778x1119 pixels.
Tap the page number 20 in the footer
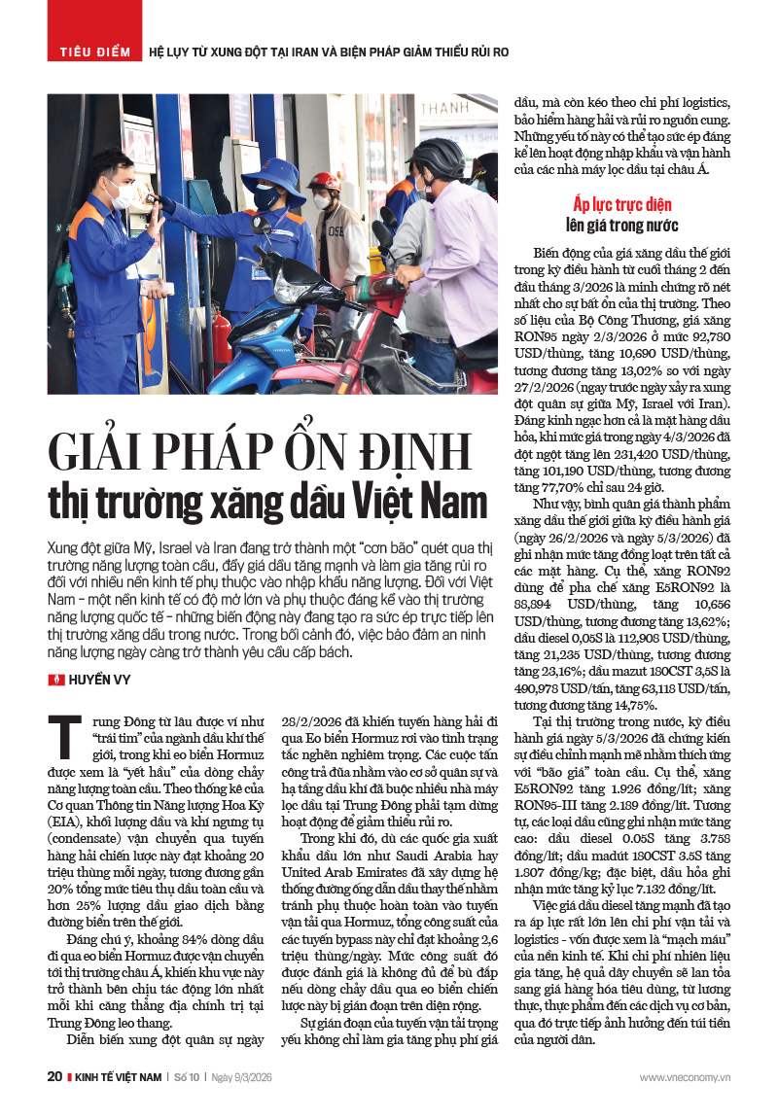coord(54,1077)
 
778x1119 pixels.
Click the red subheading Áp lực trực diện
coord(622,205)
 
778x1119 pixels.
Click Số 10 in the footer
coord(185,1077)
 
